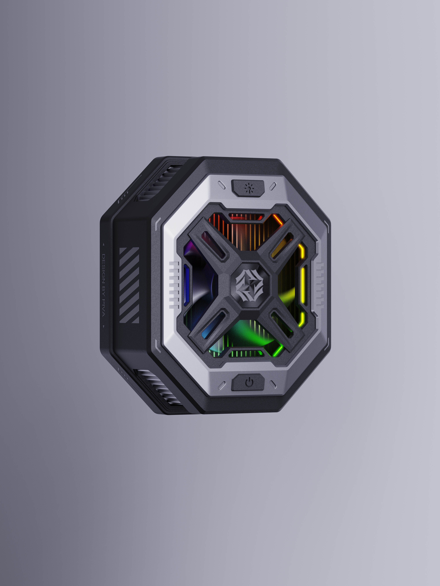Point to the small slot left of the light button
(x=222, y=185)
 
